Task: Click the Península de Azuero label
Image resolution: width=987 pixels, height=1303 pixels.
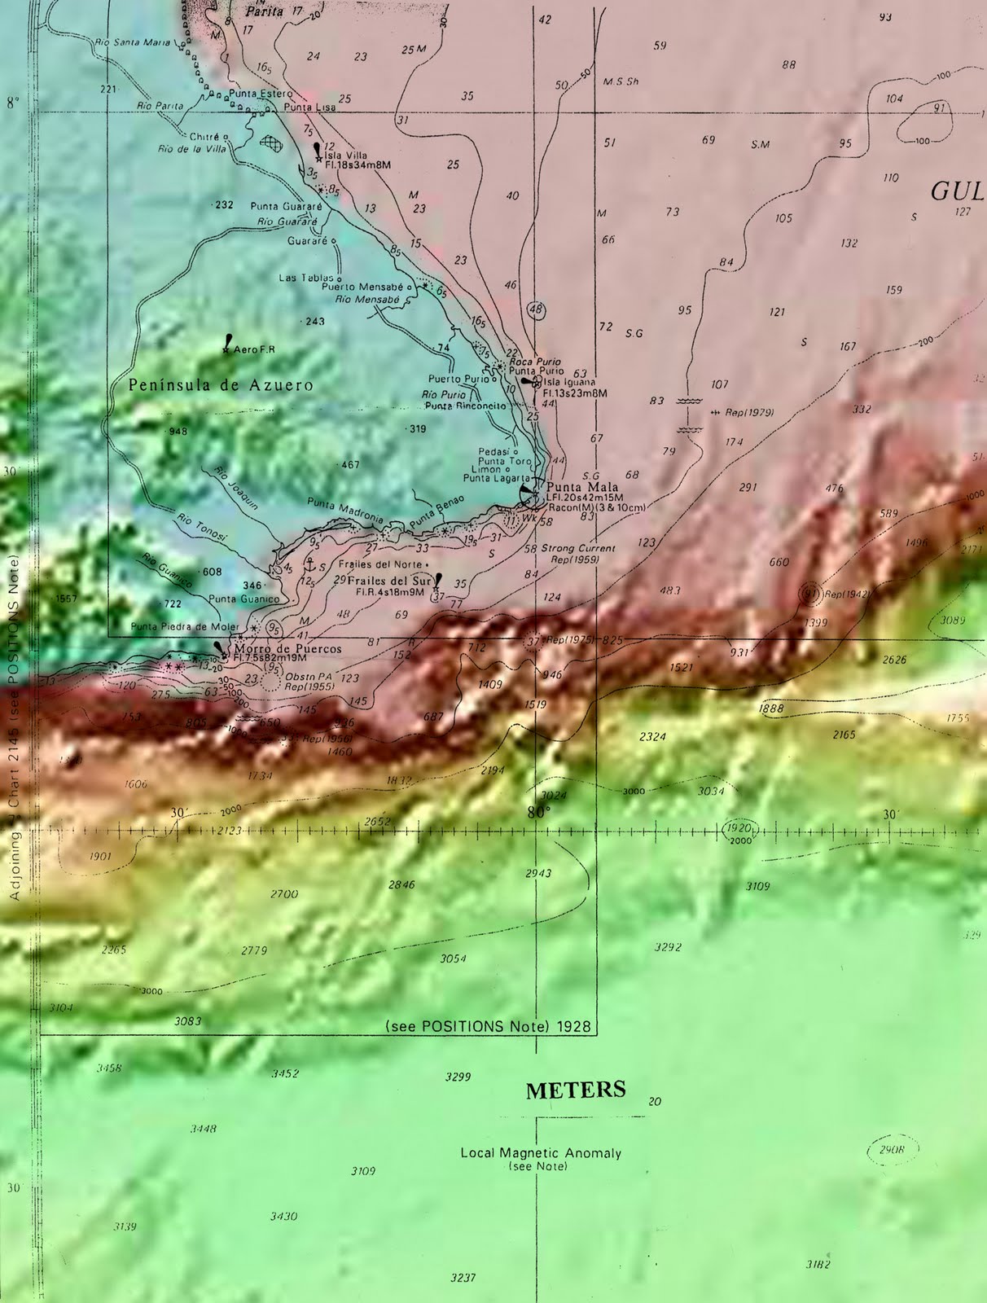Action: tap(221, 384)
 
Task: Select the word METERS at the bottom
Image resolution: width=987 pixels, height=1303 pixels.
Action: tap(576, 1090)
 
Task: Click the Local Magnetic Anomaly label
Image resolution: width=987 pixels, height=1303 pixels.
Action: tap(541, 1153)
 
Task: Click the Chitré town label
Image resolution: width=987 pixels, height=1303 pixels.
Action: tap(204, 137)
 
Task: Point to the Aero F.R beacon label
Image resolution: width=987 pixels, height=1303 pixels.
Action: tap(254, 349)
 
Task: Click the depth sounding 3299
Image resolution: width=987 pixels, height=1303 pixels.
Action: tap(458, 1077)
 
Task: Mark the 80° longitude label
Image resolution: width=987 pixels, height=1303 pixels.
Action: tap(538, 812)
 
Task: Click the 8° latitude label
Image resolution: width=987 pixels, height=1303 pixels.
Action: tap(12, 103)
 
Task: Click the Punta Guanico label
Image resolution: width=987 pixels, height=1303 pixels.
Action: tap(243, 599)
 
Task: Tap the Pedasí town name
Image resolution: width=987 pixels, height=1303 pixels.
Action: tap(493, 451)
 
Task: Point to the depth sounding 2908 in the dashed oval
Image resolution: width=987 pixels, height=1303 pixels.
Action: tap(892, 1150)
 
